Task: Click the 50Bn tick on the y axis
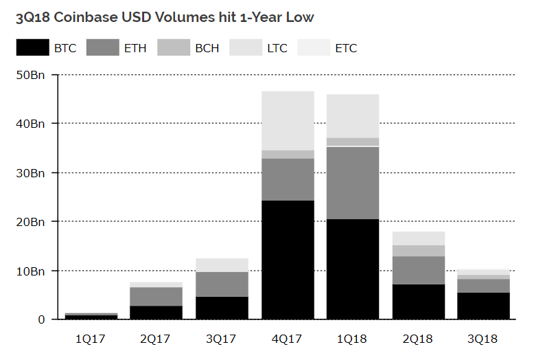(32, 74)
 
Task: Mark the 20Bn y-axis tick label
(32, 221)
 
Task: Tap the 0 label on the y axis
(42, 319)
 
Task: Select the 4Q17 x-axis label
(288, 338)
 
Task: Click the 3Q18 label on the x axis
(483, 338)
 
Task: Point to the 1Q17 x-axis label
(91, 338)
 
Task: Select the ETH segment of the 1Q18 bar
(353, 183)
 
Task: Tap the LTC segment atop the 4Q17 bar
(288, 120)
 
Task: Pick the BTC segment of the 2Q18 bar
(418, 302)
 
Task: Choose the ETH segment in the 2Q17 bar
(156, 296)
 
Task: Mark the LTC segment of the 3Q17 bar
(222, 265)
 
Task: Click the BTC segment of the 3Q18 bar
(483, 306)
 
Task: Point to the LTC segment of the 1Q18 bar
(353, 115)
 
